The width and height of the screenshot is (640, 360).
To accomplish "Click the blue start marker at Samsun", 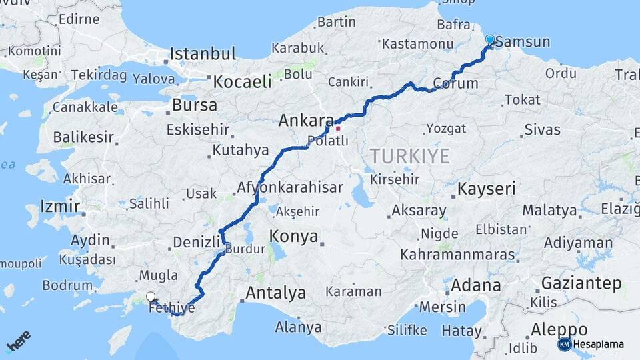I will pyautogui.click(x=490, y=39).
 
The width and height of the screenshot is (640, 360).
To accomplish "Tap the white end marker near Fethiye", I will pyautogui.click(x=151, y=297).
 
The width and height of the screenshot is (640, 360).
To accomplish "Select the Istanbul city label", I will pyautogui.click(x=203, y=54).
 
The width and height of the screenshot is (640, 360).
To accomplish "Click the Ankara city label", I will pyautogui.click(x=305, y=121).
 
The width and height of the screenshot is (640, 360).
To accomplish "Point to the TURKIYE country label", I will pyautogui.click(x=409, y=157).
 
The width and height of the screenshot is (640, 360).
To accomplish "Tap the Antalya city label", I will pyautogui.click(x=275, y=293).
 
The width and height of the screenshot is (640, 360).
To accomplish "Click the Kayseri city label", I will pyautogui.click(x=486, y=189).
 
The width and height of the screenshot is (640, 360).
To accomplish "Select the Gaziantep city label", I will pyautogui.click(x=581, y=283).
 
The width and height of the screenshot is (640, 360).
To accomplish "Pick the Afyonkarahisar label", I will pyautogui.click(x=290, y=188).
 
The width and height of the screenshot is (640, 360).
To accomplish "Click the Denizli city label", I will pyautogui.click(x=196, y=241).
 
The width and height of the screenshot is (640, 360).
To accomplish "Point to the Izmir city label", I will pyautogui.click(x=60, y=205).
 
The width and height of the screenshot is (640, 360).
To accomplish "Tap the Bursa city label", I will pyautogui.click(x=194, y=105).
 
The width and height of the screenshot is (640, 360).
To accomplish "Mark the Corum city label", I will pyautogui.click(x=455, y=84).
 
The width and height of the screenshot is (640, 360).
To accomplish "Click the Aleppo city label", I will pyautogui.click(x=559, y=329).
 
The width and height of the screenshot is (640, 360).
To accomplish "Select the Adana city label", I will pyautogui.click(x=475, y=285).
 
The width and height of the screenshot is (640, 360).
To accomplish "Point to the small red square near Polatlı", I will pyautogui.click(x=338, y=128).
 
